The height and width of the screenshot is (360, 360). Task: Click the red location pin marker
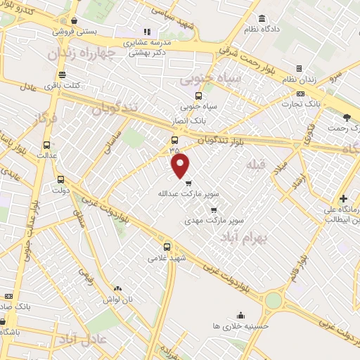181,166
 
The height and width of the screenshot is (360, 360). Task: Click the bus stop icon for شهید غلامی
167,247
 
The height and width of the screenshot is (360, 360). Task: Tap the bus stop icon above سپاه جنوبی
198,96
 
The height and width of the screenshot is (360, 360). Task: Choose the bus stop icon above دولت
60,179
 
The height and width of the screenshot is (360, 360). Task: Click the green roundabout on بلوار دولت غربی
273,300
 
